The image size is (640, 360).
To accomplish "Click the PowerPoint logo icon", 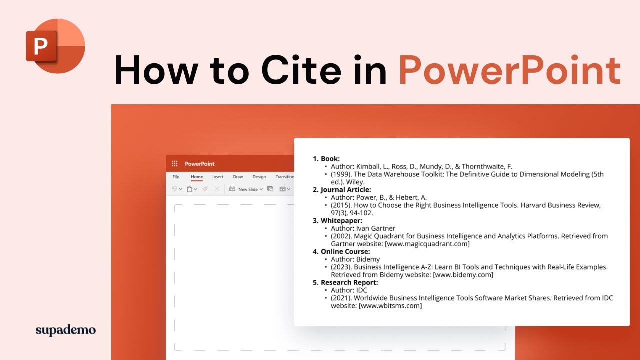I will (55, 45).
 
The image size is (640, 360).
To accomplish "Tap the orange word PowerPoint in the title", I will (509, 70).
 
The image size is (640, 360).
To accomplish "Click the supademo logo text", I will (65, 330).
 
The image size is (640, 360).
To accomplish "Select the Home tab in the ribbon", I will (197, 177).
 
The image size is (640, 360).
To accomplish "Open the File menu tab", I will (176, 177).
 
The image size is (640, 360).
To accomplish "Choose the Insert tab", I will (218, 177).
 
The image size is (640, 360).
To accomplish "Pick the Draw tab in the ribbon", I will (238, 177).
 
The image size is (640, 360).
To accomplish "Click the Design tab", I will (259, 177).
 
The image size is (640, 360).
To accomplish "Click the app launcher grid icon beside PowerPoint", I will (175, 164).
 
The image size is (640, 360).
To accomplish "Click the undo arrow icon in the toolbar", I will (174, 189).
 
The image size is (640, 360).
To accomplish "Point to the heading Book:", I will (330, 159).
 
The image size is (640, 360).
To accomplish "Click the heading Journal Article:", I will (346, 190).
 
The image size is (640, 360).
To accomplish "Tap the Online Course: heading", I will (345, 251).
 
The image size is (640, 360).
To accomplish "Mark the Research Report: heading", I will (349, 282).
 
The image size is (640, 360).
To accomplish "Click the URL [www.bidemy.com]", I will (463, 275).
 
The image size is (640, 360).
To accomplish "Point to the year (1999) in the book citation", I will (341, 174).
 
